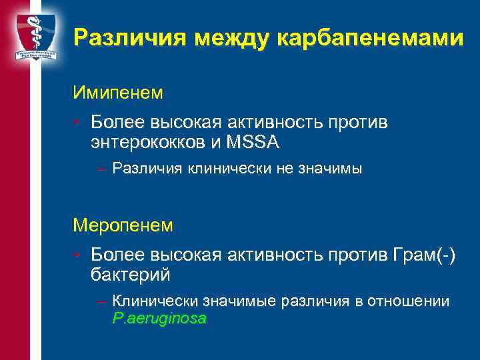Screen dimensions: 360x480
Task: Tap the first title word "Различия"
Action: pos(130,38)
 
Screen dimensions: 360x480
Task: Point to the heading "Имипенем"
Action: pos(118,92)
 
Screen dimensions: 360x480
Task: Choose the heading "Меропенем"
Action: pos(123,225)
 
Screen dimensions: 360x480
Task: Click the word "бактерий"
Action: pos(131,274)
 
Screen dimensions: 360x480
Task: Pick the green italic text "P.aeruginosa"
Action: pos(159,319)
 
